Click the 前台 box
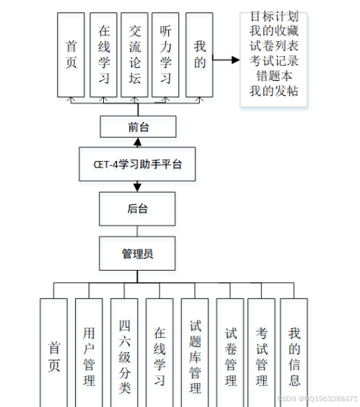[138, 128]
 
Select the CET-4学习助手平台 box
[138, 165]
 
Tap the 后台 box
[138, 209]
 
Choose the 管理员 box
[138, 253]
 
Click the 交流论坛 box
[135, 54]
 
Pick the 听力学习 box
[165, 54]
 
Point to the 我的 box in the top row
[199, 54]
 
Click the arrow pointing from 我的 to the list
[226, 60]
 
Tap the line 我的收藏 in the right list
[273, 30]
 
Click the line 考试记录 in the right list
[273, 61]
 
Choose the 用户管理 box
[89, 354]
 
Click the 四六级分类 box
[124, 354]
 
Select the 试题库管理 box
[195, 354]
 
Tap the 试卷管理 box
[230, 354]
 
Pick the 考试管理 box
[262, 354]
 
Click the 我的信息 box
[294, 354]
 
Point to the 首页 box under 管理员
[53, 354]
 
